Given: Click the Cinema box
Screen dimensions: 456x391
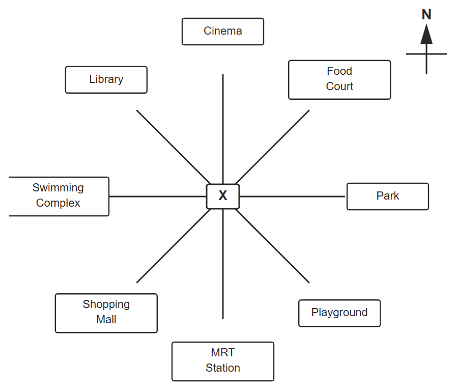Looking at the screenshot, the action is (x=223, y=32).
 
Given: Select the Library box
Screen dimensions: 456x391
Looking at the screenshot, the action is (x=106, y=80).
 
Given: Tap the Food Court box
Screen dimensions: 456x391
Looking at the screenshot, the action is (x=339, y=80).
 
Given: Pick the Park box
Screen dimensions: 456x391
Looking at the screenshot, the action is (x=388, y=197).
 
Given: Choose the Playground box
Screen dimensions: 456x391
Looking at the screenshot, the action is (x=339, y=313).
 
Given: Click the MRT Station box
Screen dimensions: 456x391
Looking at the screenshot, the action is (x=223, y=361).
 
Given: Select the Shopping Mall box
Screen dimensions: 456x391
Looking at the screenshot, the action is (x=106, y=313).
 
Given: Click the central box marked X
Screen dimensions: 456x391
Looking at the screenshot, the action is (x=223, y=197).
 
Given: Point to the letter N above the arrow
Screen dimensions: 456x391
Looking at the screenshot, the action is (x=426, y=15).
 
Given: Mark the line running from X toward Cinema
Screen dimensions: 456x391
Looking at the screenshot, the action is (x=223, y=129).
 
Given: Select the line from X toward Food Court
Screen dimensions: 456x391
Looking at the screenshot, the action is (x=272, y=147).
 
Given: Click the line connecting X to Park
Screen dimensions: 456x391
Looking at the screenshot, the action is (x=292, y=197).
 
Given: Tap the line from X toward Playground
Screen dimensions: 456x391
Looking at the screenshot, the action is (x=272, y=246).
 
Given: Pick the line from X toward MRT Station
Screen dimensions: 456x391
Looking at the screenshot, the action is (x=223, y=264).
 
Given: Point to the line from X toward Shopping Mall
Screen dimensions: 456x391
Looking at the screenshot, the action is (x=174, y=246).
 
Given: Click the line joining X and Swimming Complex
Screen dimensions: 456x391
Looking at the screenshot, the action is (x=158, y=197).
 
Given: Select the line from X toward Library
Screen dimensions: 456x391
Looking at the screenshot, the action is (x=174, y=147).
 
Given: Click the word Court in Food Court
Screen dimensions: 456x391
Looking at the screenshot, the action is (x=339, y=87).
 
